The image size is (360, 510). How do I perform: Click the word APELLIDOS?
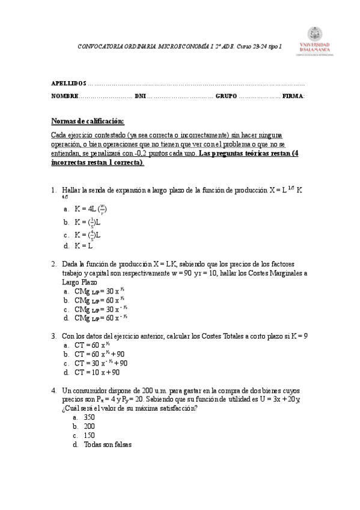pyautogui.click(x=69, y=84)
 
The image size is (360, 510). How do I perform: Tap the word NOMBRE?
pyautogui.click(x=64, y=96)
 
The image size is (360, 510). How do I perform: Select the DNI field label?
pyautogui.click(x=140, y=96)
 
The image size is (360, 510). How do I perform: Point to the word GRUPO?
pyautogui.click(x=227, y=96)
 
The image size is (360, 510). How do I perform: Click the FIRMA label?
pyautogui.click(x=293, y=96)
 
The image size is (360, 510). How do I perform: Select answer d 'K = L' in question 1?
pyautogui.click(x=84, y=246)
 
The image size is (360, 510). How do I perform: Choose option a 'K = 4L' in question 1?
pyautogui.click(x=91, y=209)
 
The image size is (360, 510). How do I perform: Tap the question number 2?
pyautogui.click(x=53, y=264)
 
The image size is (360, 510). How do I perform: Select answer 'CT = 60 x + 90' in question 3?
pyautogui.click(x=99, y=354)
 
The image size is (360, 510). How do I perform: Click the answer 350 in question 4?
pyautogui.click(x=90, y=417)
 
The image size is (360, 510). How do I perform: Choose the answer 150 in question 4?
pyautogui.click(x=90, y=435)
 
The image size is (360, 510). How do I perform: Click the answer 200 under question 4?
pyautogui.click(x=90, y=426)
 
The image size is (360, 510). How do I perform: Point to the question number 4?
pyautogui.click(x=53, y=390)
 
